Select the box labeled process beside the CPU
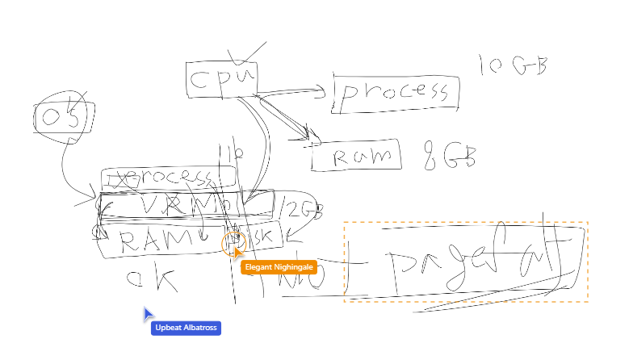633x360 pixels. (396, 93)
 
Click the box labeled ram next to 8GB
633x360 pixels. (355, 155)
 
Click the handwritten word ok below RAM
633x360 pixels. (151, 279)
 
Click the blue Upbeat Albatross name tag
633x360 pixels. (185, 328)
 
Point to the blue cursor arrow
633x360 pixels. (149, 313)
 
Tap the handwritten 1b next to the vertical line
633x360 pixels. (224, 152)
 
